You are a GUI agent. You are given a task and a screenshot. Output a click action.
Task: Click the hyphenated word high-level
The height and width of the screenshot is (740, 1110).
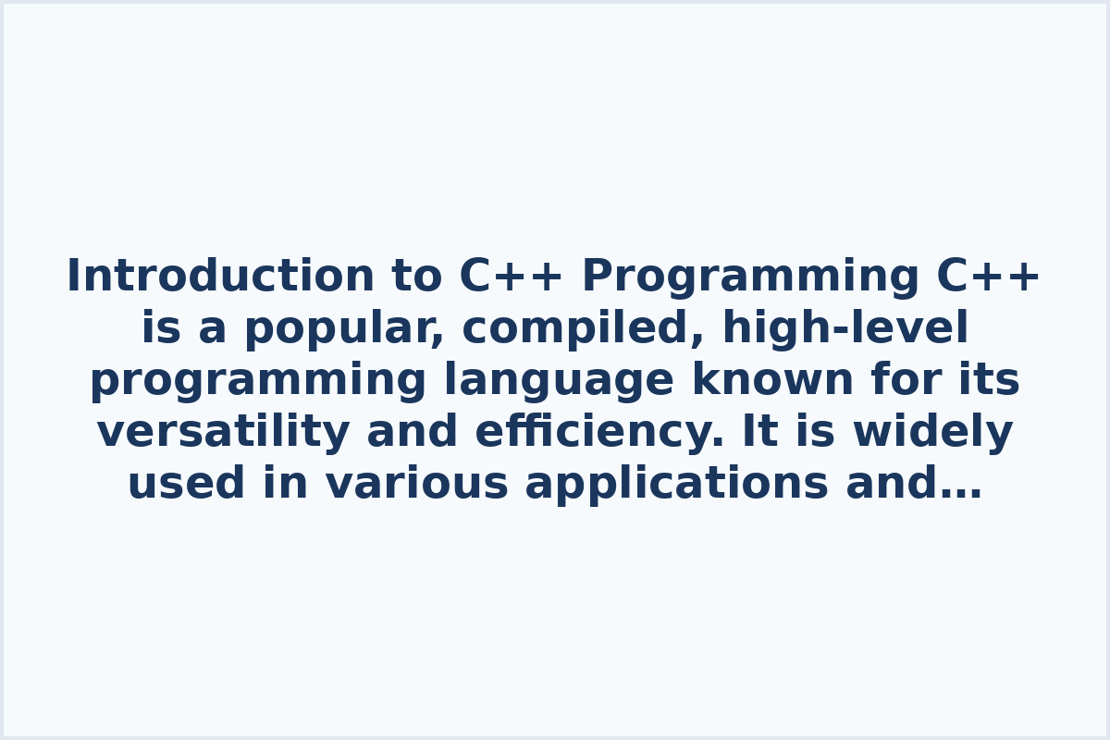click(x=845, y=328)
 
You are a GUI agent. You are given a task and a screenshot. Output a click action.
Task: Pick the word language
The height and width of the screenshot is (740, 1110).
click(x=559, y=380)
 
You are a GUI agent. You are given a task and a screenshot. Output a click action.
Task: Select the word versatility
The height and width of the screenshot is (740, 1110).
click(x=223, y=432)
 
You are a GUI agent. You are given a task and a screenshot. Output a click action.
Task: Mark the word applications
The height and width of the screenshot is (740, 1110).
click(x=676, y=484)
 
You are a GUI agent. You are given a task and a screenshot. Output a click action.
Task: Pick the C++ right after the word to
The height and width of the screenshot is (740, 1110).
click(x=512, y=277)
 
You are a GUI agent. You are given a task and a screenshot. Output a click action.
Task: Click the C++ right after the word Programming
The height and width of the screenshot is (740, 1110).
click(x=989, y=277)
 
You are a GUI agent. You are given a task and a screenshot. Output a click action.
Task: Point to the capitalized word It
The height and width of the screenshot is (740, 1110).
click(x=760, y=432)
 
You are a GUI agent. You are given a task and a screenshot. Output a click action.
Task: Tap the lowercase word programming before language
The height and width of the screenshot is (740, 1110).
click(x=258, y=380)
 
